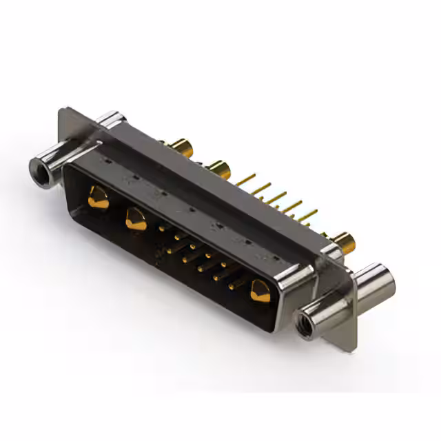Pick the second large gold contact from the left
(135, 219)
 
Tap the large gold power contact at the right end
(260, 290)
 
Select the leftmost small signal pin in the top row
(163, 227)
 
